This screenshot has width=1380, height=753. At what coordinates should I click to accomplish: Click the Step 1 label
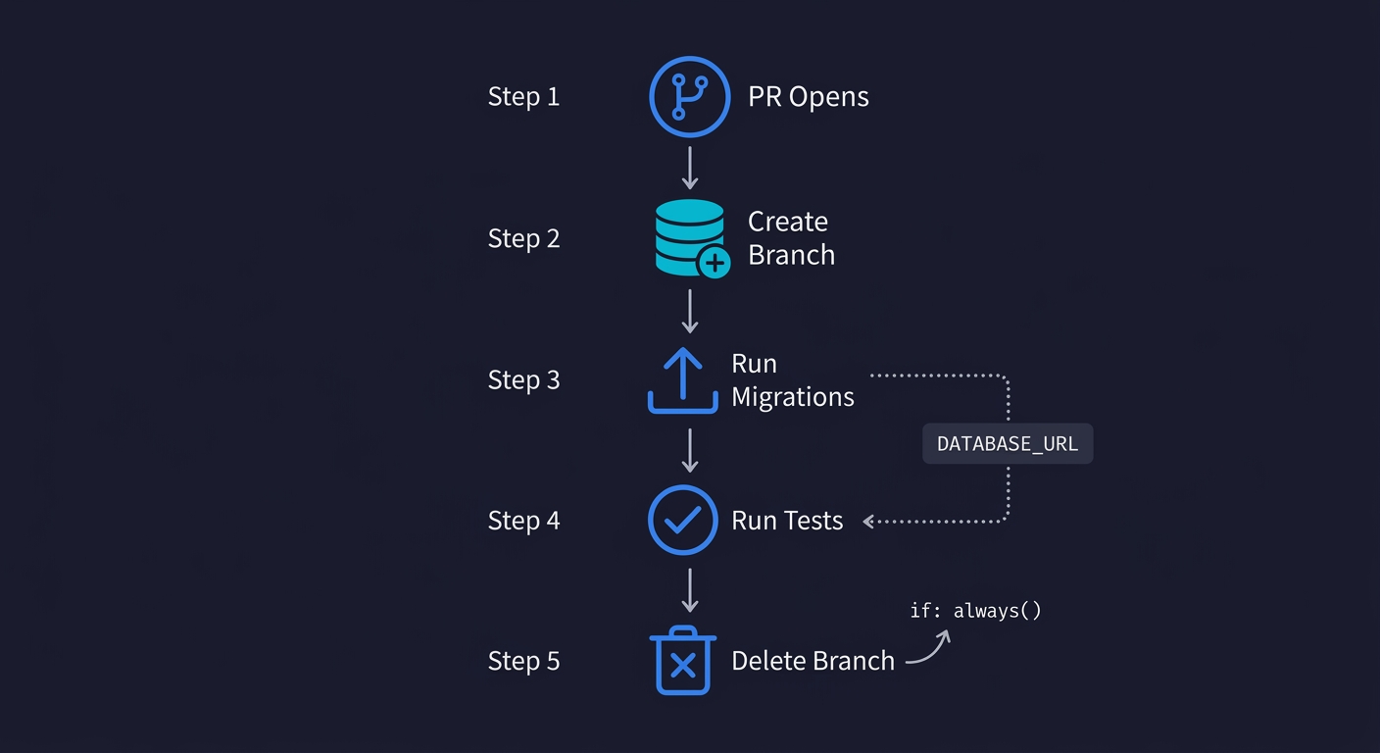tap(523, 97)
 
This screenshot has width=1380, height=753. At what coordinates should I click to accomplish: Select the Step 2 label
tap(523, 238)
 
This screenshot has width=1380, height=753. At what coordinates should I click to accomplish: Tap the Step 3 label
tap(523, 379)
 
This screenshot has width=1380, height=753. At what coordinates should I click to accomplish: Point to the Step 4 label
tap(523, 521)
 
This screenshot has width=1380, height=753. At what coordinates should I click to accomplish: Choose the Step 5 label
tap(523, 662)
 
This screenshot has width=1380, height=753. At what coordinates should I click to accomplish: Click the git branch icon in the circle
tap(690, 96)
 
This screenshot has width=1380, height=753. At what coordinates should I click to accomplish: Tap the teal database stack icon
tap(689, 235)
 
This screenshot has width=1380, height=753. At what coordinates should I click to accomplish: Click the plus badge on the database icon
tap(714, 262)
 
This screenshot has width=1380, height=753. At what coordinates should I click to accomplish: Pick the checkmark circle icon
tap(683, 520)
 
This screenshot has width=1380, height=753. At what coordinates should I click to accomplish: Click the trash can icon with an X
tap(683, 661)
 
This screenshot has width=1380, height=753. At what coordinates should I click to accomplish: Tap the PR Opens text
tap(808, 97)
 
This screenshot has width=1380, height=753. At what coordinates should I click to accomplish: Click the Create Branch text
tap(791, 238)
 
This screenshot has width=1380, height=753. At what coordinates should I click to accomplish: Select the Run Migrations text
tap(792, 380)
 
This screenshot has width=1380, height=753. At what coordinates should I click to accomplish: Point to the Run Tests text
tap(787, 521)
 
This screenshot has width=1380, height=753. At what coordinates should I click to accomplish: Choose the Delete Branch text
tap(813, 662)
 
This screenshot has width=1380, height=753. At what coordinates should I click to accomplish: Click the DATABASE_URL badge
tap(1008, 444)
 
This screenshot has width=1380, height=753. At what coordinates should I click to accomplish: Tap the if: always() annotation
tap(975, 611)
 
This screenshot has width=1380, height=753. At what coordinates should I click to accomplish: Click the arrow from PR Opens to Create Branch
tap(690, 168)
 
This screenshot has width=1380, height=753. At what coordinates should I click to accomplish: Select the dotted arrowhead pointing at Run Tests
tap(869, 522)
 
